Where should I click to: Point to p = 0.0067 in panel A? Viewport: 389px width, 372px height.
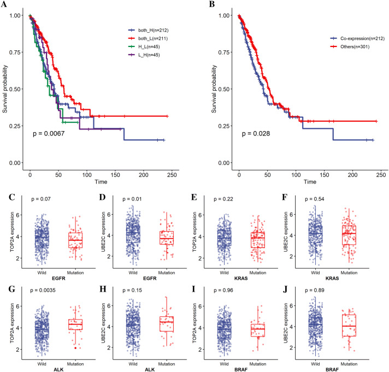point(49,133)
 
